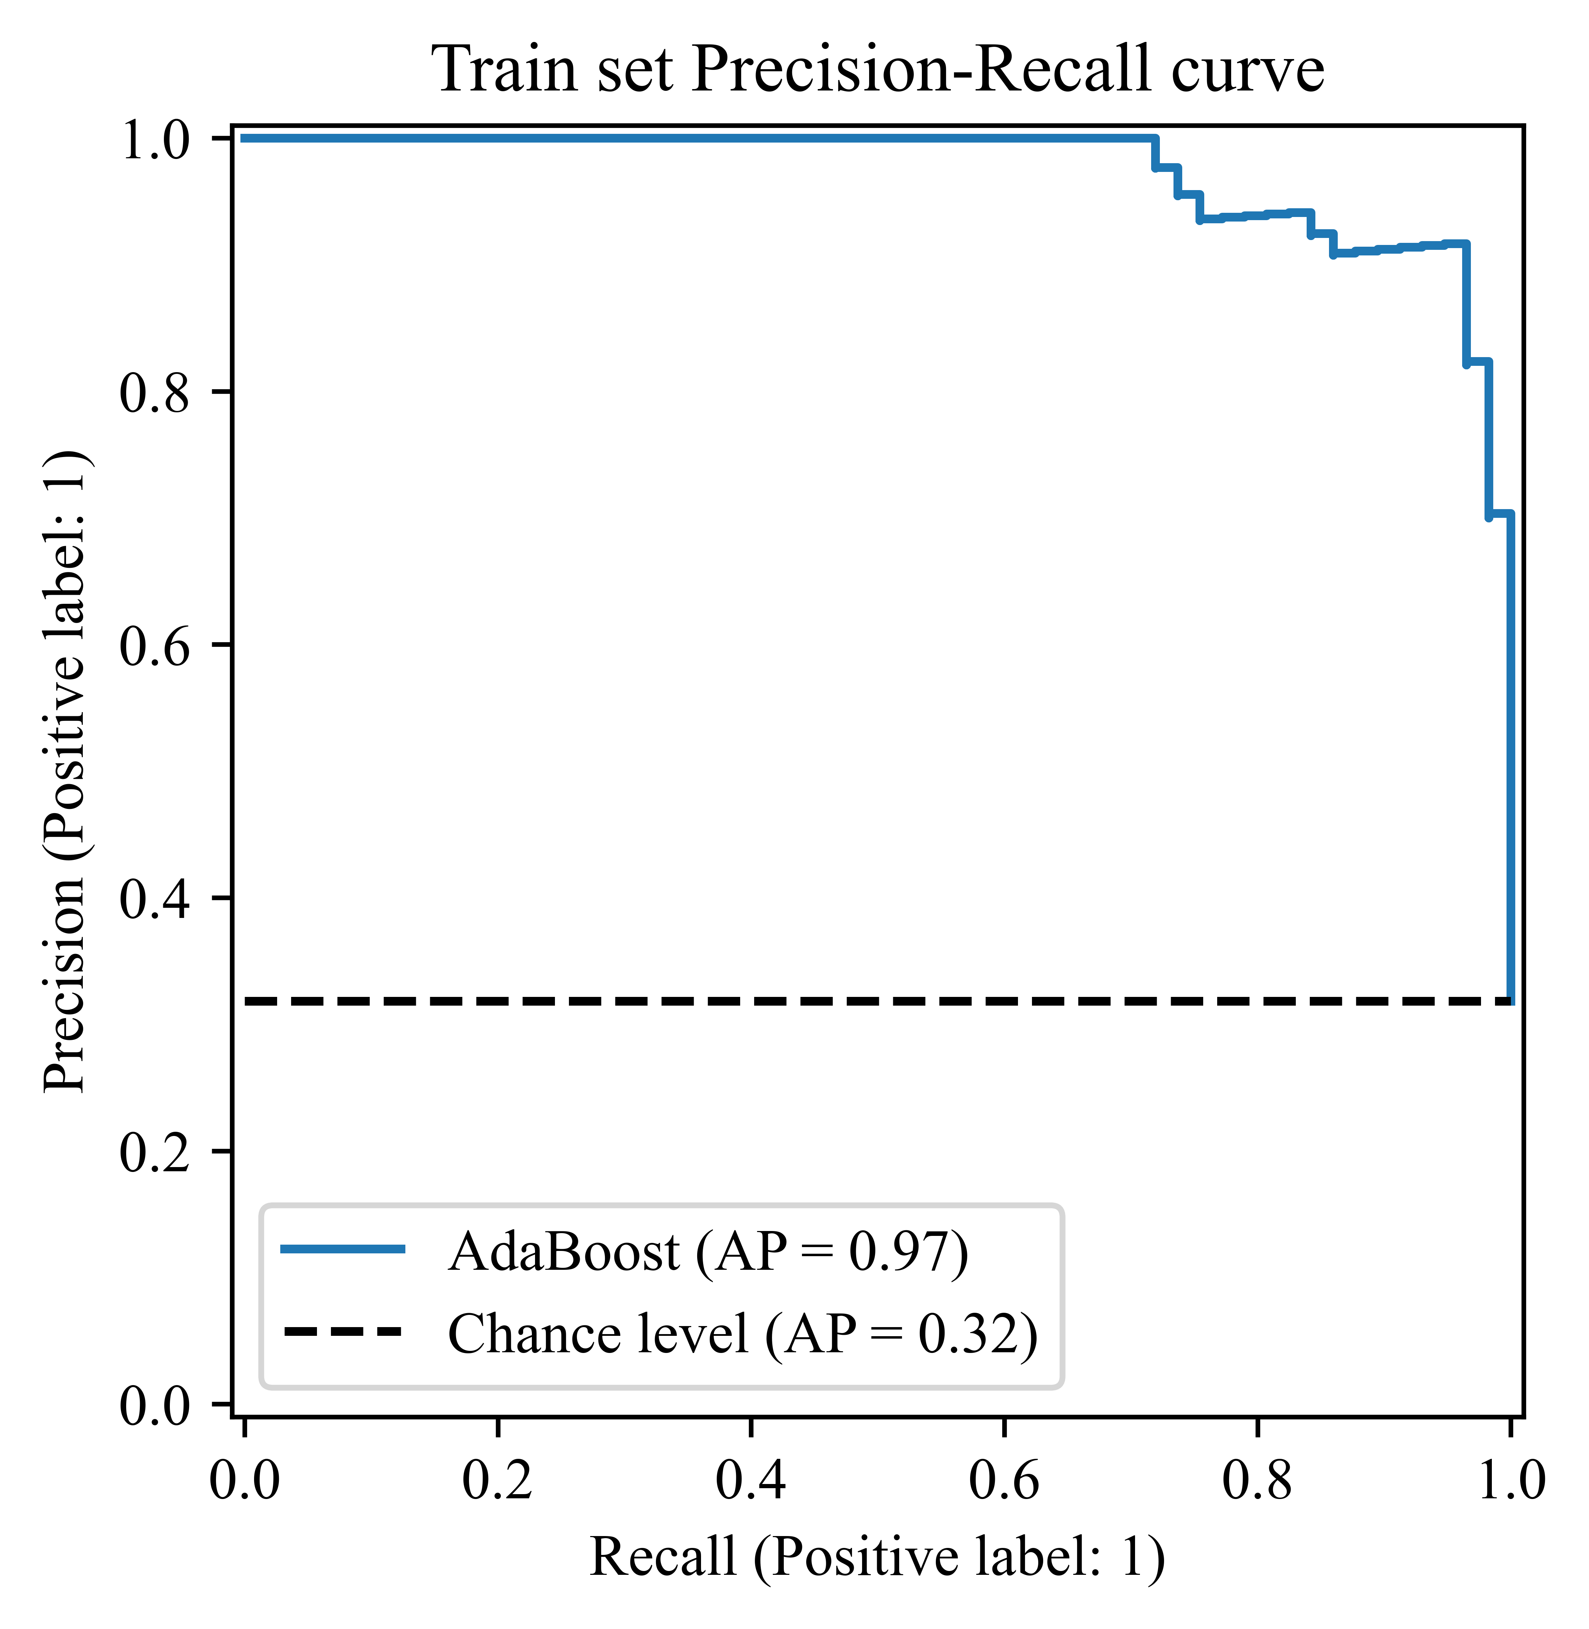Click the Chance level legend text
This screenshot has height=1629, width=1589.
[743, 1333]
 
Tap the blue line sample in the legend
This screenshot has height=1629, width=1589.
[343, 1249]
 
